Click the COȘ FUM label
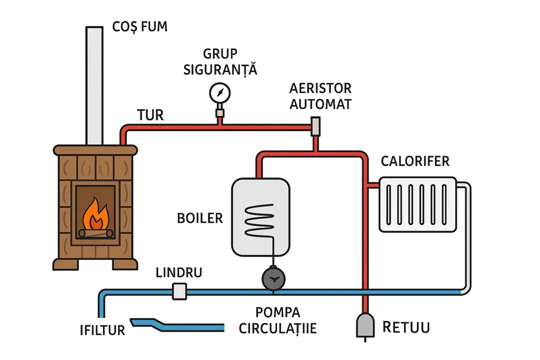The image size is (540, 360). (x=139, y=26)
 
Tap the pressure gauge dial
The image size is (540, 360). (x=219, y=92)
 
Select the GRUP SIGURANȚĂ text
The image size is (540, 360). (x=220, y=62)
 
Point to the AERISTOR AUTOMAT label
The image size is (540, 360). (x=320, y=96)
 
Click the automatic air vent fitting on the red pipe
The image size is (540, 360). (x=316, y=127)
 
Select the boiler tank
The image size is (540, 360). (x=261, y=216)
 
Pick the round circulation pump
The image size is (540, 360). (x=273, y=279)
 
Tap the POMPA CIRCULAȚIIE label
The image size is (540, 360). (x=278, y=321)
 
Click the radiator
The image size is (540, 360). (x=417, y=205)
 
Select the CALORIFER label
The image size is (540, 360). (x=415, y=161)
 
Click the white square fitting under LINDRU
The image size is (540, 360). (x=179, y=291)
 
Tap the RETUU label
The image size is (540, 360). (x=406, y=327)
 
